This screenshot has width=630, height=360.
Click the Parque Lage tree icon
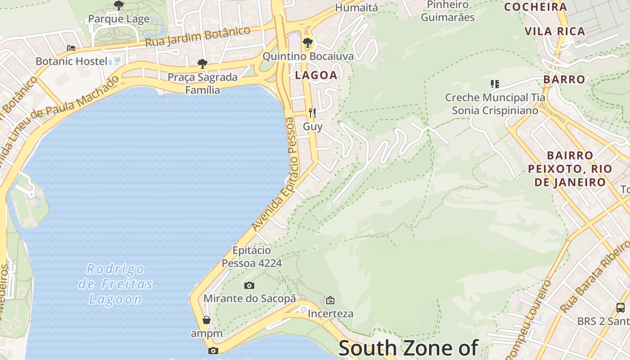[x=119, y=5]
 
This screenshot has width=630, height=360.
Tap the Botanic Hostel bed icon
[x=71, y=48]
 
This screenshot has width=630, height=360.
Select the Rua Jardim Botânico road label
[x=198, y=37]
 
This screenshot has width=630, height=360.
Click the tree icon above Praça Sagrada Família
[x=202, y=64]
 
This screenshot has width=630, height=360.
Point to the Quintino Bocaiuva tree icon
[x=308, y=43]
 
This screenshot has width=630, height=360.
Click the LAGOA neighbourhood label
[x=316, y=76]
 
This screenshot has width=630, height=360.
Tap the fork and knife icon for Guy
[x=312, y=112]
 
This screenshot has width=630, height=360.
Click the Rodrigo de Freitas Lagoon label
[x=116, y=284]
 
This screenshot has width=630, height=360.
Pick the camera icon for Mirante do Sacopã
[x=249, y=285]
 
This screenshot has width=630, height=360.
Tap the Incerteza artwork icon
[x=330, y=300]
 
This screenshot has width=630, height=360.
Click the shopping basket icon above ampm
[x=207, y=320]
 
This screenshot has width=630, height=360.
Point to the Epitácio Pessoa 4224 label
[x=252, y=256]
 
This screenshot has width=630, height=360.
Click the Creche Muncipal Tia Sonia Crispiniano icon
[x=495, y=84]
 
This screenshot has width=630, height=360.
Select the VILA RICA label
[x=555, y=31]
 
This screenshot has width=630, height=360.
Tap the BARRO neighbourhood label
[x=564, y=80]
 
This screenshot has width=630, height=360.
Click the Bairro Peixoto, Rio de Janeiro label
[x=570, y=169]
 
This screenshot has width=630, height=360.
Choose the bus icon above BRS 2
[x=621, y=308]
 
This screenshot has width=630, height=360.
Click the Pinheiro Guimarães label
[x=448, y=11]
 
